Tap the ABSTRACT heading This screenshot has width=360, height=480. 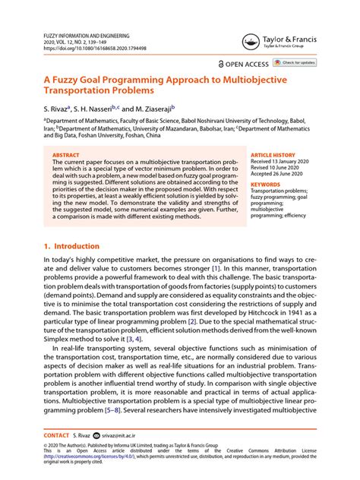coord(68,155)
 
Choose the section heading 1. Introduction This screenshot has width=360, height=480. coord(72,246)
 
